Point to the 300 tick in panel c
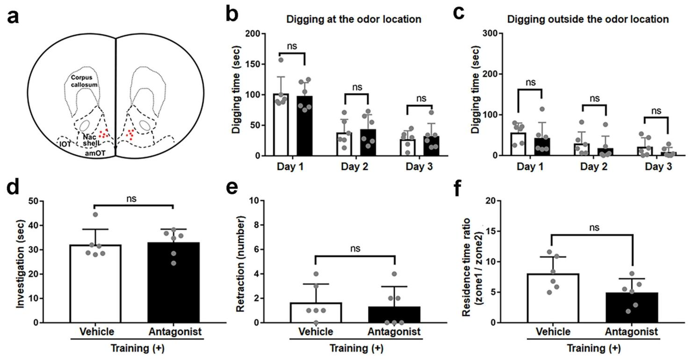point(487,33)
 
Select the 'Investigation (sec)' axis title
point(21,262)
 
